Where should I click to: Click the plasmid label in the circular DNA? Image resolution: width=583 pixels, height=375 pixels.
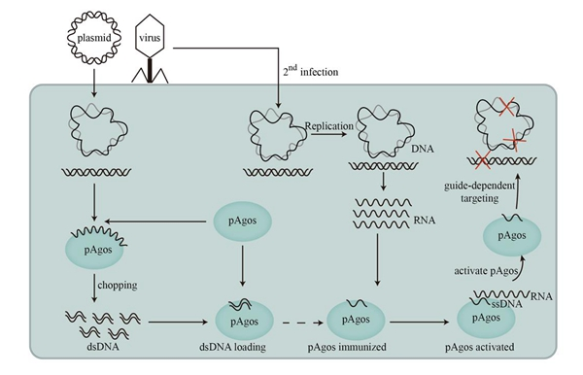pyautogui.click(x=94, y=38)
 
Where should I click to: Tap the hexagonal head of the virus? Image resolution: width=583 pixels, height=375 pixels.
pyautogui.click(x=150, y=36)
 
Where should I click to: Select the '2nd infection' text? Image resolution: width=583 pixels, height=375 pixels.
pyautogui.click(x=311, y=71)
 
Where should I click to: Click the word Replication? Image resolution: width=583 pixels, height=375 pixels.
pyautogui.click(x=329, y=126)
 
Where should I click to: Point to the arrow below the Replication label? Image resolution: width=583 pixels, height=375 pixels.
pyautogui.click(x=328, y=133)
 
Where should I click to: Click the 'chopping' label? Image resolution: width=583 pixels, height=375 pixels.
pyautogui.click(x=118, y=286)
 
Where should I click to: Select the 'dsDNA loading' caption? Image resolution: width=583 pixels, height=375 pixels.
pyautogui.click(x=233, y=347)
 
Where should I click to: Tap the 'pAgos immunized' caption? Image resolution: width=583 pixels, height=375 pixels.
pyautogui.click(x=347, y=347)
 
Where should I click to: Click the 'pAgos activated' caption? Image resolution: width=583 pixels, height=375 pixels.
pyautogui.click(x=480, y=347)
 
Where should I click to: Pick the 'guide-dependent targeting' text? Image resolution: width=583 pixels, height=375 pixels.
pyautogui.click(x=480, y=191)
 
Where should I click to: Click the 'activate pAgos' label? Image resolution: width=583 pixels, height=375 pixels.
pyautogui.click(x=486, y=271)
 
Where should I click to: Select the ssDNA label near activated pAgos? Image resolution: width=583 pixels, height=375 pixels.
pyautogui.click(x=507, y=304)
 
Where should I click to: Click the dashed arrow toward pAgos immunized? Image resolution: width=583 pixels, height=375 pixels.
pyautogui.click(x=303, y=323)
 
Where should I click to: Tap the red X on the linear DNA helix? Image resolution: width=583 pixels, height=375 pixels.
pyautogui.click(x=483, y=161)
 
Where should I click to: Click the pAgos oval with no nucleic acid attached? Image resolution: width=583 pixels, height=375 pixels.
pyautogui.click(x=242, y=222)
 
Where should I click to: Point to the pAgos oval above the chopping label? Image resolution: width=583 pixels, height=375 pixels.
pyautogui.click(x=95, y=250)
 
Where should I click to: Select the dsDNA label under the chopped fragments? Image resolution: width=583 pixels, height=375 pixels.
pyautogui.click(x=103, y=347)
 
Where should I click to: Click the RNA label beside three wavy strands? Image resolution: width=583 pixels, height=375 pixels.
pyautogui.click(x=425, y=221)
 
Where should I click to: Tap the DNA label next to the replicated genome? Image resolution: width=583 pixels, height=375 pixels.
pyautogui.click(x=423, y=149)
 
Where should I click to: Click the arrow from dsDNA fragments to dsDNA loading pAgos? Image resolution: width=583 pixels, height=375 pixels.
pyautogui.click(x=178, y=323)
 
